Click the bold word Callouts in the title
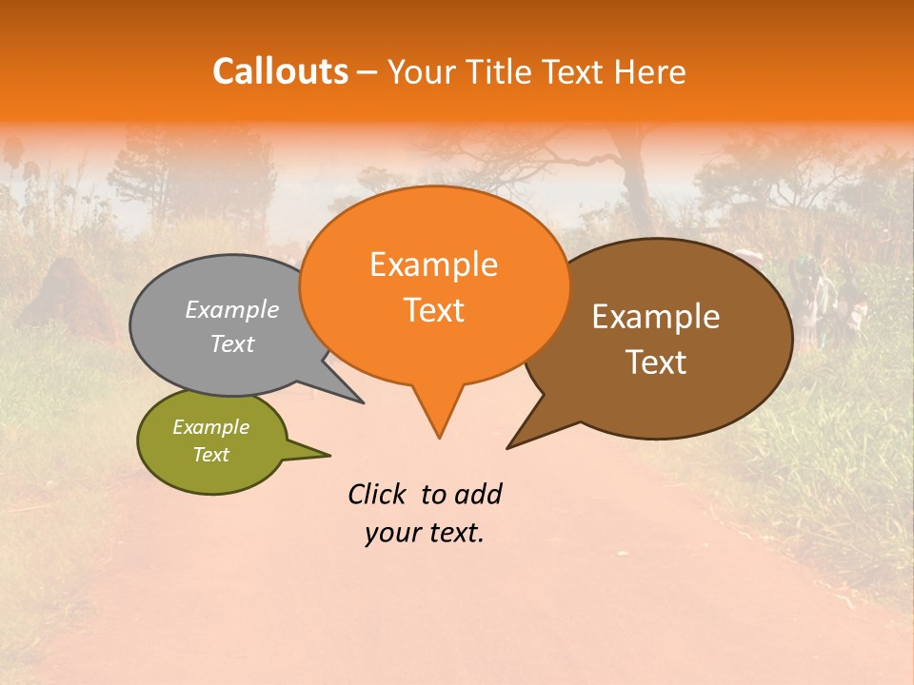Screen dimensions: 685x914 (x=280, y=72)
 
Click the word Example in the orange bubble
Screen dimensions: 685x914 (x=434, y=264)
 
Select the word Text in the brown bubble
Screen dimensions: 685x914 (x=656, y=362)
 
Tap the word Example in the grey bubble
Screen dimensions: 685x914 (x=232, y=310)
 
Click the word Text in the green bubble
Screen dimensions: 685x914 (x=211, y=455)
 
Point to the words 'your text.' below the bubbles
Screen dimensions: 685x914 (x=425, y=534)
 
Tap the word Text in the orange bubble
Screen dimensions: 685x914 (x=434, y=310)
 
